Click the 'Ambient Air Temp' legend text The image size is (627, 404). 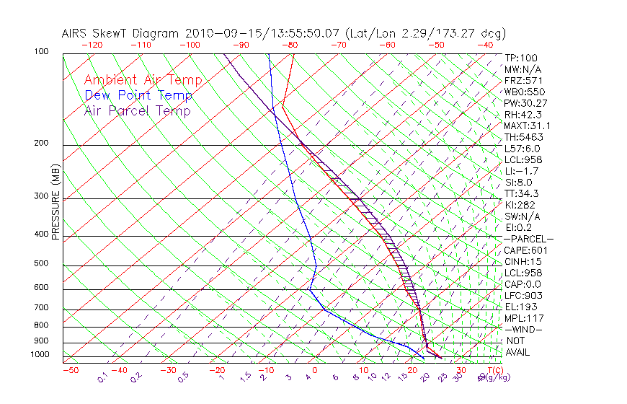tap(143, 81)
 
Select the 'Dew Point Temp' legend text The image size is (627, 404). tap(138, 96)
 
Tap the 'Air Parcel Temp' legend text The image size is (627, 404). tap(137, 111)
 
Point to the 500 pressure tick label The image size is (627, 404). tap(42, 263)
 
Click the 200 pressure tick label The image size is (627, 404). tap(42, 143)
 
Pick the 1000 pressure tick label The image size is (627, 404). tap(40, 354)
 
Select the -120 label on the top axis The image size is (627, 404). tap(92, 45)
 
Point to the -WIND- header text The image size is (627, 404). tap(525, 329)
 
